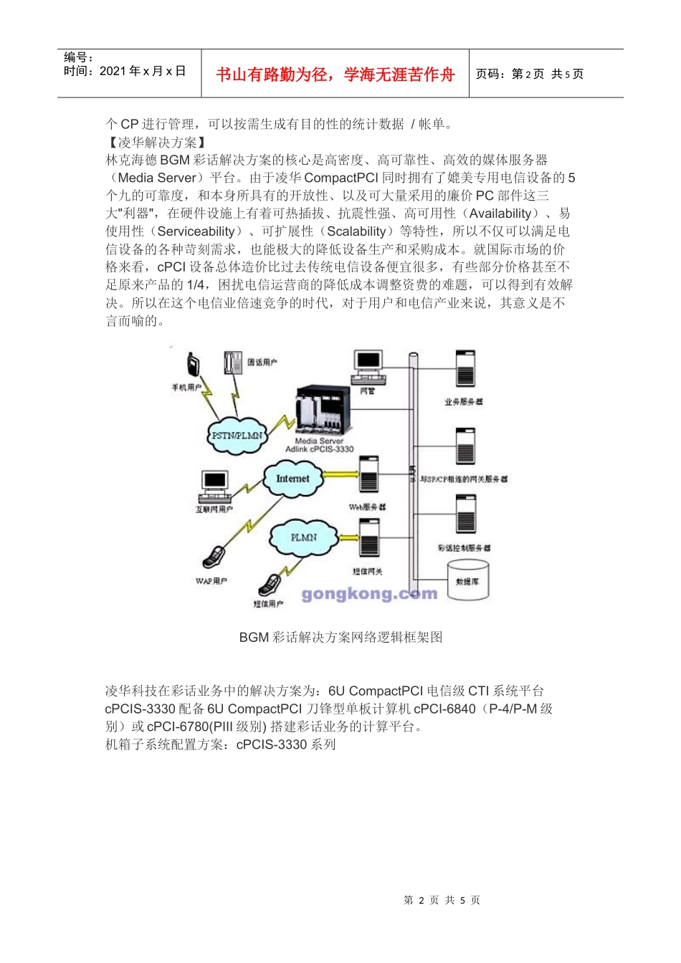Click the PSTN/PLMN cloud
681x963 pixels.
(237, 435)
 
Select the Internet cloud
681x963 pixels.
(292, 479)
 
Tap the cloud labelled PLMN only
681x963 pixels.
(303, 537)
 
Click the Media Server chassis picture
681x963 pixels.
(323, 411)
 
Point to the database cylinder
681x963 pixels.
(467, 578)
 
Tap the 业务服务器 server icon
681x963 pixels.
(465, 370)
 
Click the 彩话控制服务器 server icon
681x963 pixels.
(465, 514)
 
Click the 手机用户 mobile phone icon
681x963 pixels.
(193, 365)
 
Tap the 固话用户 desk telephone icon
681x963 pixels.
(232, 362)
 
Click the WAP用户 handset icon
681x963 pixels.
(215, 556)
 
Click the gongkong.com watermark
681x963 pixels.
(369, 594)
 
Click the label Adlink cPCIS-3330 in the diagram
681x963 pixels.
(320, 449)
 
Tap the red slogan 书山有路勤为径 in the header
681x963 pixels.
(335, 75)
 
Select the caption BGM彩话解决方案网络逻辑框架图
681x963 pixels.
(340, 637)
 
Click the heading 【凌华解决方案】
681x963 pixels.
(157, 143)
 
